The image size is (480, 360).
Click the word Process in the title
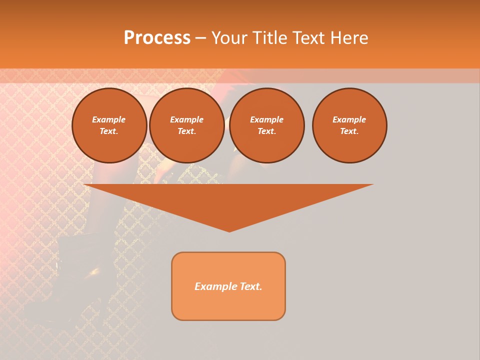[x=157, y=38]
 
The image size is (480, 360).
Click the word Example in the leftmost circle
[x=109, y=119]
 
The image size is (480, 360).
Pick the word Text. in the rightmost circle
[x=349, y=131]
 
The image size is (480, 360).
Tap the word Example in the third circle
[x=266, y=119]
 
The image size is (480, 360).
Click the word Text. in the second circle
[x=186, y=131]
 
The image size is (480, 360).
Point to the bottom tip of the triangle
[x=229, y=230]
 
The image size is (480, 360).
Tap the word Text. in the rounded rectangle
[x=251, y=286]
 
